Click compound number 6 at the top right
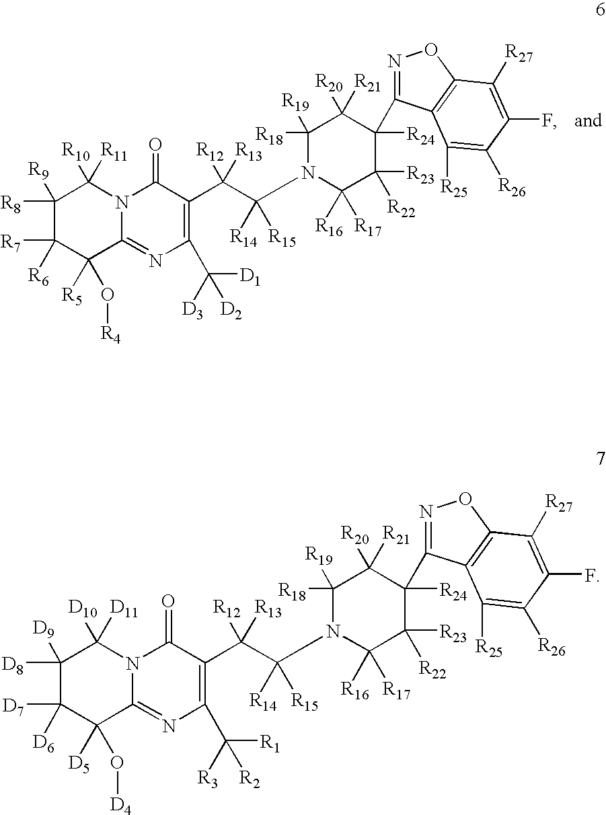click(600, 10)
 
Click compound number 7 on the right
click(600, 459)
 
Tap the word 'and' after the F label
click(588, 120)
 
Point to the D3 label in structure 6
click(192, 311)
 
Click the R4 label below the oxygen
click(110, 334)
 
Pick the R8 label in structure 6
click(11, 204)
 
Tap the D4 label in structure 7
click(121, 804)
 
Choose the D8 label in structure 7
click(13, 665)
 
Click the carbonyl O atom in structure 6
click(155, 145)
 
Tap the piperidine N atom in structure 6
click(308, 173)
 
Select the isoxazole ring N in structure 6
click(394, 61)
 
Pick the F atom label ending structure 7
click(591, 576)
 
